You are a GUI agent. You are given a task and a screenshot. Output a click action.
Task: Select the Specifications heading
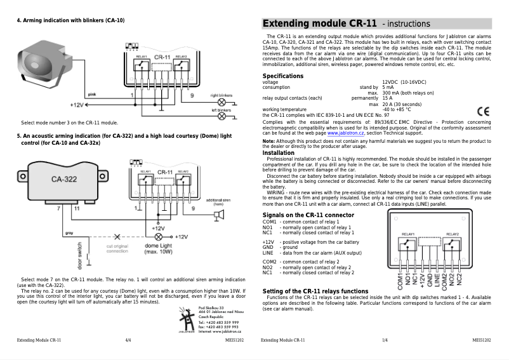(x=282, y=76)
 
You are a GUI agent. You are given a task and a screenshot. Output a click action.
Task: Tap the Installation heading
(x=278, y=152)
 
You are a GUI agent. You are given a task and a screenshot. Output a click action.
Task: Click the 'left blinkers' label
(x=221, y=109)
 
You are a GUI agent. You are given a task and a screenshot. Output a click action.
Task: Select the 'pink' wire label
(x=91, y=93)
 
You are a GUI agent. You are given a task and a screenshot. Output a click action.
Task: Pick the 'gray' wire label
(x=69, y=233)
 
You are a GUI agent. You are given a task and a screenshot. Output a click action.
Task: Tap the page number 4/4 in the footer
(x=129, y=341)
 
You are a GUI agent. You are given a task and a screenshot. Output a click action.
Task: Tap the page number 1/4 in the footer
(x=385, y=341)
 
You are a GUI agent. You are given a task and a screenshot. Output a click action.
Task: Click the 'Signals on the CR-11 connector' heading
(x=308, y=215)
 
